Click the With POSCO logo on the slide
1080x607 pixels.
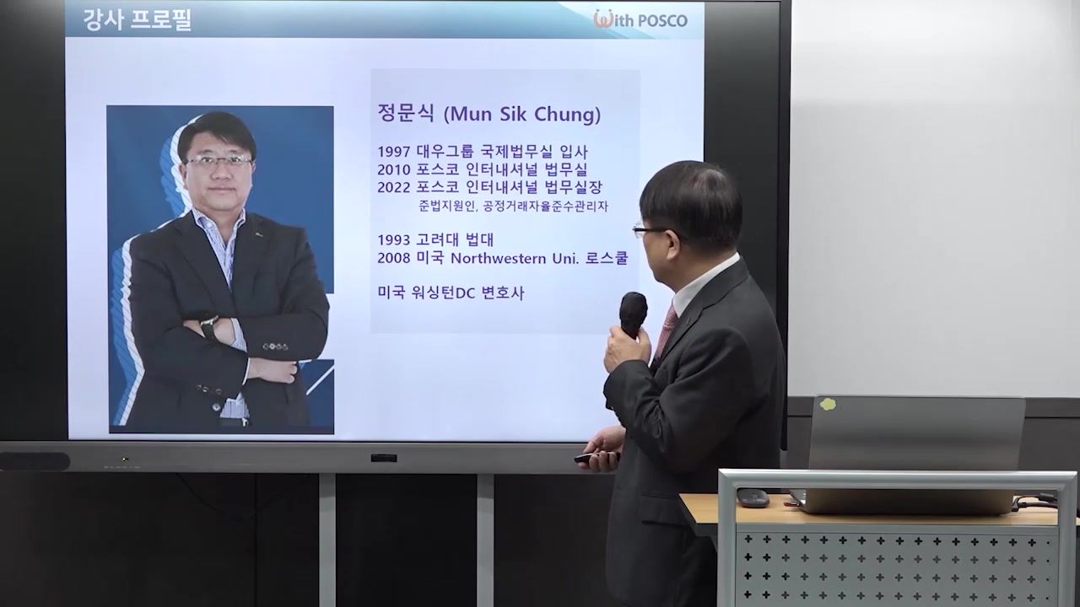(640, 19)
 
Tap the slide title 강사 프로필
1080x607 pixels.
(138, 21)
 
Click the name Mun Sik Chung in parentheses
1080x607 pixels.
(522, 114)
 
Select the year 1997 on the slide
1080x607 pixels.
(394, 153)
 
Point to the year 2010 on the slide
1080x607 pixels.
(394, 169)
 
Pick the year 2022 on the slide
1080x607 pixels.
(394, 187)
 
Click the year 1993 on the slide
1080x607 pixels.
(394, 240)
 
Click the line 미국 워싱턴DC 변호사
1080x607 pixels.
(451, 293)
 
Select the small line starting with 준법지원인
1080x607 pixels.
(513, 206)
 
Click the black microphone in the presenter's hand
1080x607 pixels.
(633, 313)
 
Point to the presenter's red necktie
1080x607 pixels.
(665, 330)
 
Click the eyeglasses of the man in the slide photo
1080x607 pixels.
(219, 160)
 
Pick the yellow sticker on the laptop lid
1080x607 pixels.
(828, 404)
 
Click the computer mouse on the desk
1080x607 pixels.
(753, 497)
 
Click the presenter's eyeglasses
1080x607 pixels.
(646, 229)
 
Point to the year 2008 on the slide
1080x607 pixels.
(394, 258)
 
